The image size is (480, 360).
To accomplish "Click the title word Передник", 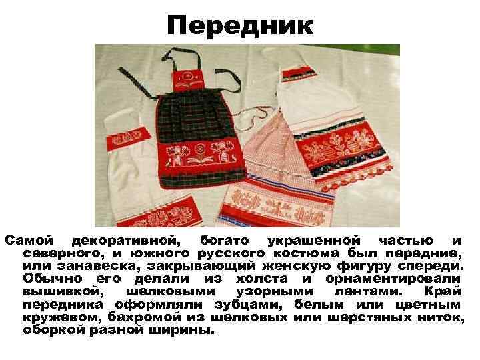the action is pos(240,26).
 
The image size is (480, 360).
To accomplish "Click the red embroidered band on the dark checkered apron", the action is pos(201,154).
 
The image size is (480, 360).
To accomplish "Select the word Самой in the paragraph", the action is pos(29,240).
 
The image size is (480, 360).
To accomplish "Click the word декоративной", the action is pos(126,241).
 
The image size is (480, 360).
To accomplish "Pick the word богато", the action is pos(225,241).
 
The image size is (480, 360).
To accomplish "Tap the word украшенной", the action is pos(314,241).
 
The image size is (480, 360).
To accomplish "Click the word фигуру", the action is pos(364,267).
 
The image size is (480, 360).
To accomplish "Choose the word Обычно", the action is pos(53,279).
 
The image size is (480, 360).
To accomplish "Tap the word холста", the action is pos(262,279).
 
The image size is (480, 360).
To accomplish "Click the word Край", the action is pos(443,291).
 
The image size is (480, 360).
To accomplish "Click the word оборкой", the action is pos(53,331).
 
